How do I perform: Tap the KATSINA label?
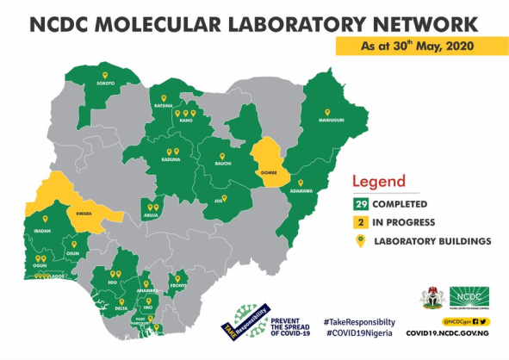[x=164, y=106]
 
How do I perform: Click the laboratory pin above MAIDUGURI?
[x=327, y=111]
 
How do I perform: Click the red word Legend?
[x=378, y=182]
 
